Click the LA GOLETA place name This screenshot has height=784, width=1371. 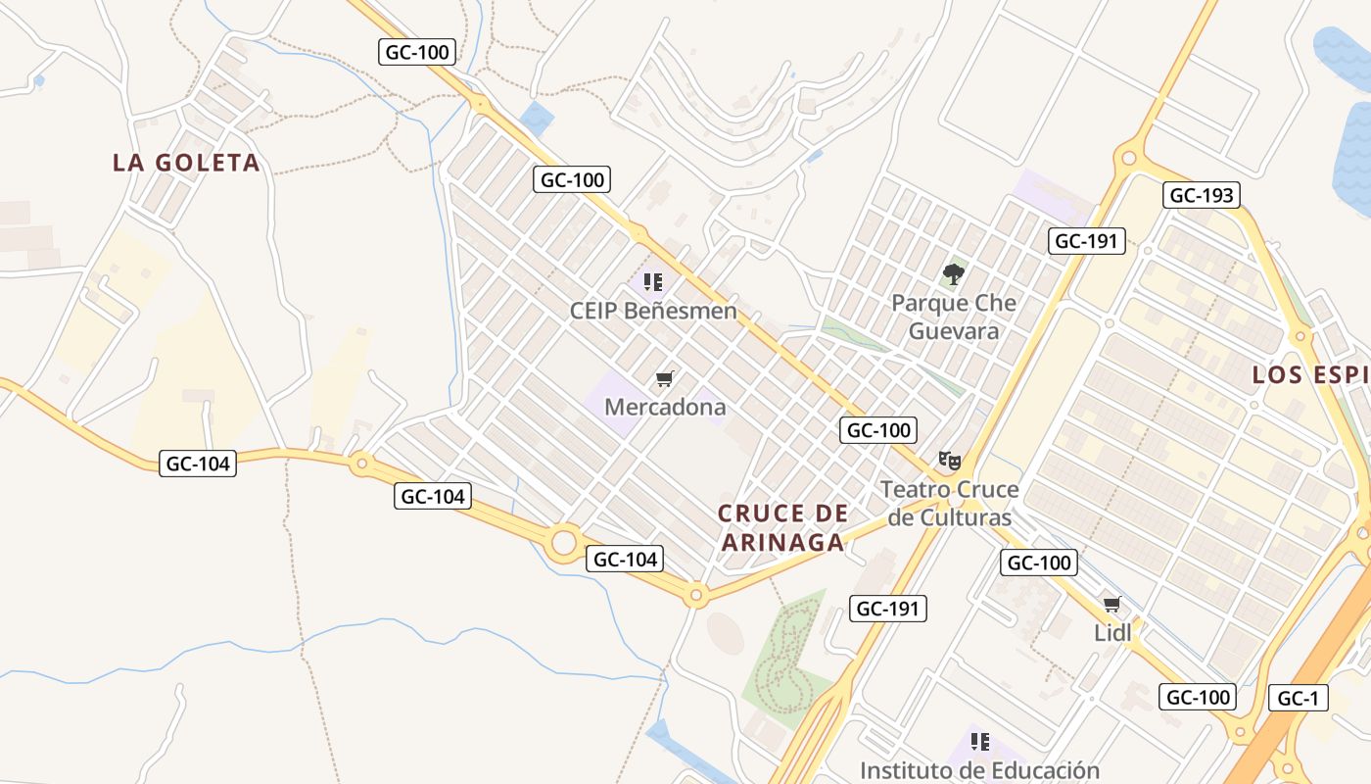(x=186, y=163)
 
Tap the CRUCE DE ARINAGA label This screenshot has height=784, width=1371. (x=781, y=527)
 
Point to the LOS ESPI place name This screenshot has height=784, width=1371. (x=1310, y=374)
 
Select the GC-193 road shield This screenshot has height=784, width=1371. (x=1202, y=195)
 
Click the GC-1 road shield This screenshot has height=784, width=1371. (x=1299, y=698)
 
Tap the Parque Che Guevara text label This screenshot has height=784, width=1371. (x=954, y=317)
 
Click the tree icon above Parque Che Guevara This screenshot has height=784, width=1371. (x=954, y=274)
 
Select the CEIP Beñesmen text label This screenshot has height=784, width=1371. (x=653, y=312)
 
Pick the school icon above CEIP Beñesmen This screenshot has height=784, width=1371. (x=653, y=283)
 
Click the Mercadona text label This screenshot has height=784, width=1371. (x=665, y=406)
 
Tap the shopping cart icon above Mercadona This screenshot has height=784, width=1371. (x=665, y=378)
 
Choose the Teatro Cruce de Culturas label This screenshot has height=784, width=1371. (x=949, y=503)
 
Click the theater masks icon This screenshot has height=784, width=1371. (x=949, y=460)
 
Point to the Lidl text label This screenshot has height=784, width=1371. (x=1112, y=633)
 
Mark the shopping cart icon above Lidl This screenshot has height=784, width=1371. (x=1111, y=604)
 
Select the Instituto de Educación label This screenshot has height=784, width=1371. (x=979, y=770)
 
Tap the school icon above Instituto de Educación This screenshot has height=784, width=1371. (x=979, y=742)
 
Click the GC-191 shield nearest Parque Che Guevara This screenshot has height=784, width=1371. (x=1087, y=240)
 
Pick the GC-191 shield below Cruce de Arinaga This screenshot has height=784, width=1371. (x=887, y=609)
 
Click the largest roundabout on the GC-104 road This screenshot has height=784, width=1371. (x=563, y=542)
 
